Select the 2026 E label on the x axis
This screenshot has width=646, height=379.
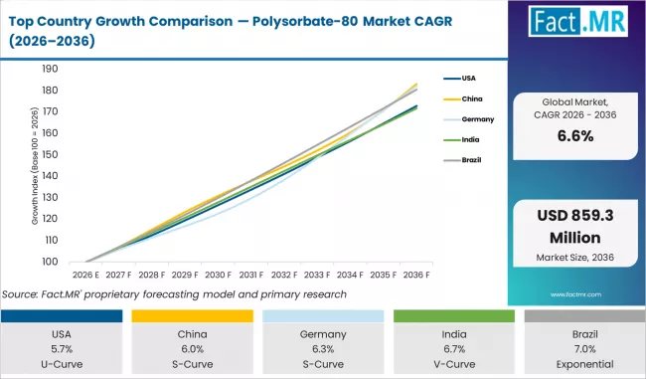(x=85, y=276)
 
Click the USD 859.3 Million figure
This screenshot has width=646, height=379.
(x=576, y=228)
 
